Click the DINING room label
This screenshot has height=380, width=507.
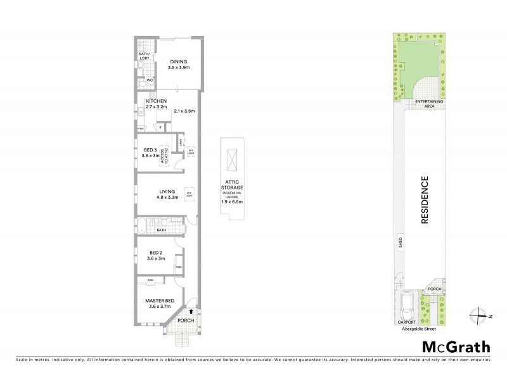(178, 62)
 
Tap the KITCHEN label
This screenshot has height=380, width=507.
(156, 101)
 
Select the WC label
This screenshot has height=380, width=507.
(150, 80)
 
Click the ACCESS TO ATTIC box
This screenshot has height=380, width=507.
(162, 159)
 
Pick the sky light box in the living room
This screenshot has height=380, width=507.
(188, 193)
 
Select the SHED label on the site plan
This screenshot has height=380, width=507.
(401, 242)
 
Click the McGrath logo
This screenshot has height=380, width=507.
(456, 346)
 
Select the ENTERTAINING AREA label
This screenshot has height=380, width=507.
(429, 103)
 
